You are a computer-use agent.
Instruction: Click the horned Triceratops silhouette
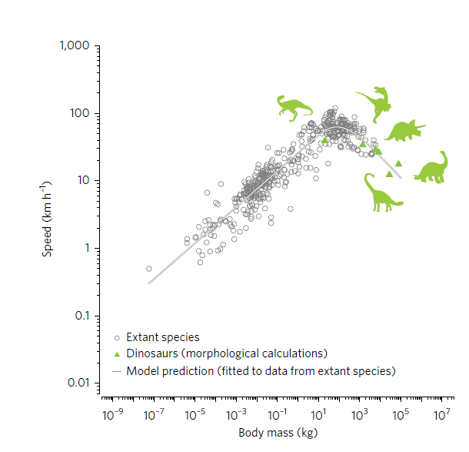tap(404, 132)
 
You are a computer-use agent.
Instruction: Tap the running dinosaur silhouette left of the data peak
tap(294, 108)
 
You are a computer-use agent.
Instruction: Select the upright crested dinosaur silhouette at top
tap(375, 103)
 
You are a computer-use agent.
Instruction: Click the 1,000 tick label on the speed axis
tap(74, 46)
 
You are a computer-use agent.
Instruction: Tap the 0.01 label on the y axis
tap(80, 383)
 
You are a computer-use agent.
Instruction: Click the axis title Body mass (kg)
tap(278, 433)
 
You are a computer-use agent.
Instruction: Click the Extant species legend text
tap(162, 337)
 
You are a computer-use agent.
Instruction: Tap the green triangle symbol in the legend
tap(116, 354)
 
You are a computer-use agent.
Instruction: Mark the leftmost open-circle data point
tap(149, 269)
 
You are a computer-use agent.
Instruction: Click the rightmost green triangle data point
tap(399, 163)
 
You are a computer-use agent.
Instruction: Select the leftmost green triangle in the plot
tap(324, 139)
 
